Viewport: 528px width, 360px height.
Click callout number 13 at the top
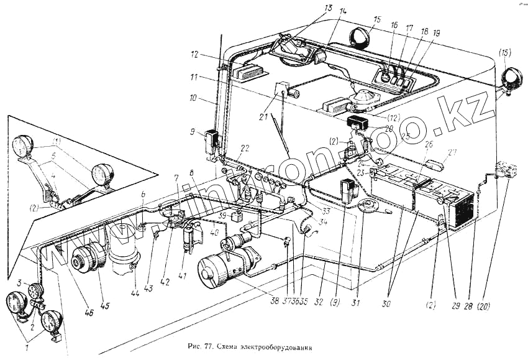tap(328, 9)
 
